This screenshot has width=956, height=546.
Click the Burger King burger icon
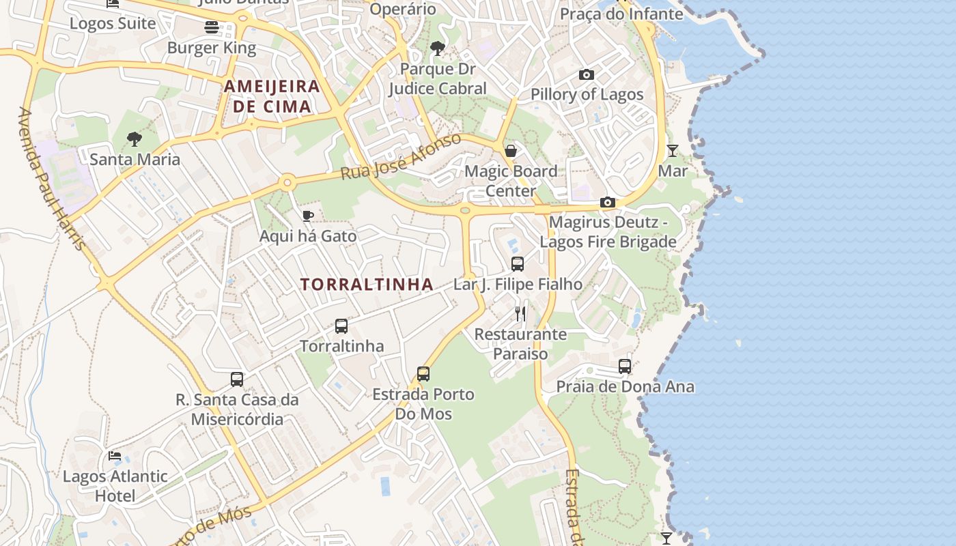pyautogui.click(x=212, y=27)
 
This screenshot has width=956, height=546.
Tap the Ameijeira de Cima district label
pyautogui.click(x=272, y=96)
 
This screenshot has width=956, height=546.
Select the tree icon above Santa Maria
pyautogui.click(x=135, y=139)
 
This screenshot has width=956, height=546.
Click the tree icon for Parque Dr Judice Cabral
pyautogui.click(x=438, y=48)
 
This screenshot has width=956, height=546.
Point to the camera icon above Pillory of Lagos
pyautogui.click(x=586, y=74)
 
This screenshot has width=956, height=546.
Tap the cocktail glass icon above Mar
pyautogui.click(x=673, y=151)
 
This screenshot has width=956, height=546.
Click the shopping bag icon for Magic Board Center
pyautogui.click(x=510, y=151)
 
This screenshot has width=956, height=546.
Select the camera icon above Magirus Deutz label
pyautogui.click(x=607, y=202)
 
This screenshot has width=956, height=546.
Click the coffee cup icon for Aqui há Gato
pyautogui.click(x=308, y=216)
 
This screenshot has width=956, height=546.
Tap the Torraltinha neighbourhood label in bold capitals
pyautogui.click(x=367, y=285)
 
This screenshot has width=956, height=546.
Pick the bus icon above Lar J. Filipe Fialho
pyautogui.click(x=518, y=263)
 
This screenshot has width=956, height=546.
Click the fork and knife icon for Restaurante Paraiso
pyautogui.click(x=520, y=313)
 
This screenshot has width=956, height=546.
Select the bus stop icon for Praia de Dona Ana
pyautogui.click(x=625, y=367)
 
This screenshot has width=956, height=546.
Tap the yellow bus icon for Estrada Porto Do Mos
pyautogui.click(x=423, y=374)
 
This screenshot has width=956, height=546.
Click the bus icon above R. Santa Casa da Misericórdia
pyautogui.click(x=237, y=379)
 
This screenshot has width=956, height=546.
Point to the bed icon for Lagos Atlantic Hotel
pyautogui.click(x=115, y=456)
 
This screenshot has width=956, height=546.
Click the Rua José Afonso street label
pyautogui.click(x=401, y=158)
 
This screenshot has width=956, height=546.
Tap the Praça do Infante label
pyautogui.click(x=621, y=14)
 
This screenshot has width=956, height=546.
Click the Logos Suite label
pyautogui.click(x=113, y=23)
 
